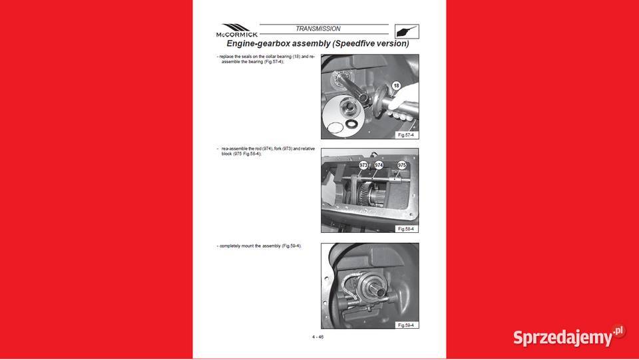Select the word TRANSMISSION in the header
pos(318,29)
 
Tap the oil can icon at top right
pos(407,31)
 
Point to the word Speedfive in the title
pos(359,44)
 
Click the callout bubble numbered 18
pos(396,86)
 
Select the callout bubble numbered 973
pos(363,164)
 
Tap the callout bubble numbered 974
pos(379,164)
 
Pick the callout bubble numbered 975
pos(402,164)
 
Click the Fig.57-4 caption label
pos(405,134)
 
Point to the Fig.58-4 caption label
pos(405,228)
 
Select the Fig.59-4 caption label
pos(405,325)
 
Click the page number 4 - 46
pos(318,337)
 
